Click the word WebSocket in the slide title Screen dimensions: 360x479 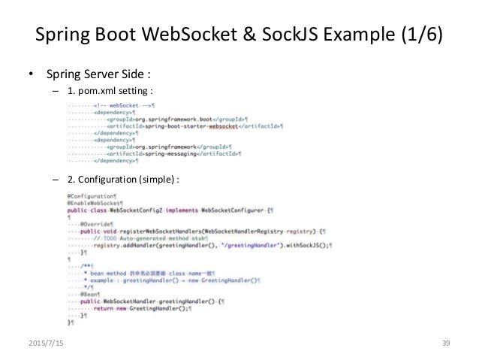[193, 36]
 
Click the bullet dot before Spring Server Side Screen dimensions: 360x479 [31, 75]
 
